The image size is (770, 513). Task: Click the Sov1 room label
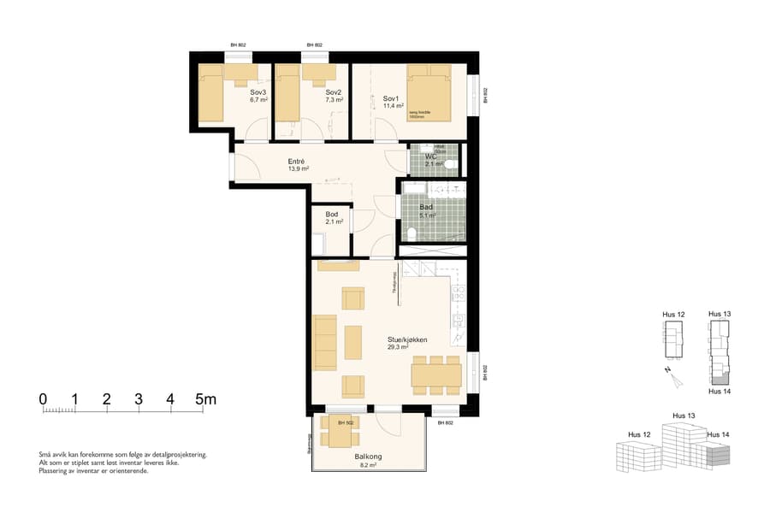click(x=392, y=98)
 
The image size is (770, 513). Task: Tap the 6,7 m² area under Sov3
click(x=258, y=100)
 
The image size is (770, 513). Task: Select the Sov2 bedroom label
click(x=334, y=92)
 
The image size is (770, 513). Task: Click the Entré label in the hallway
click(x=297, y=161)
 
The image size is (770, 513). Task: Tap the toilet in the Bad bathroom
click(x=412, y=233)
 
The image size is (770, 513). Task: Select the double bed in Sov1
click(x=429, y=89)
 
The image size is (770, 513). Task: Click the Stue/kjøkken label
click(x=407, y=339)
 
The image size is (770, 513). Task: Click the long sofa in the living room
click(x=325, y=343)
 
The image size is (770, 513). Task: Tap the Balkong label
click(x=368, y=457)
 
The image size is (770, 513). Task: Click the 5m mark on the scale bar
click(x=205, y=399)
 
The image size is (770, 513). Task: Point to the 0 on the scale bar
click(x=43, y=399)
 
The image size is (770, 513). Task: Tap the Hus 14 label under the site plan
click(x=720, y=391)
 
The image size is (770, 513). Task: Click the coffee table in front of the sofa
click(x=353, y=343)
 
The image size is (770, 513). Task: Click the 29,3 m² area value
click(x=398, y=348)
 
